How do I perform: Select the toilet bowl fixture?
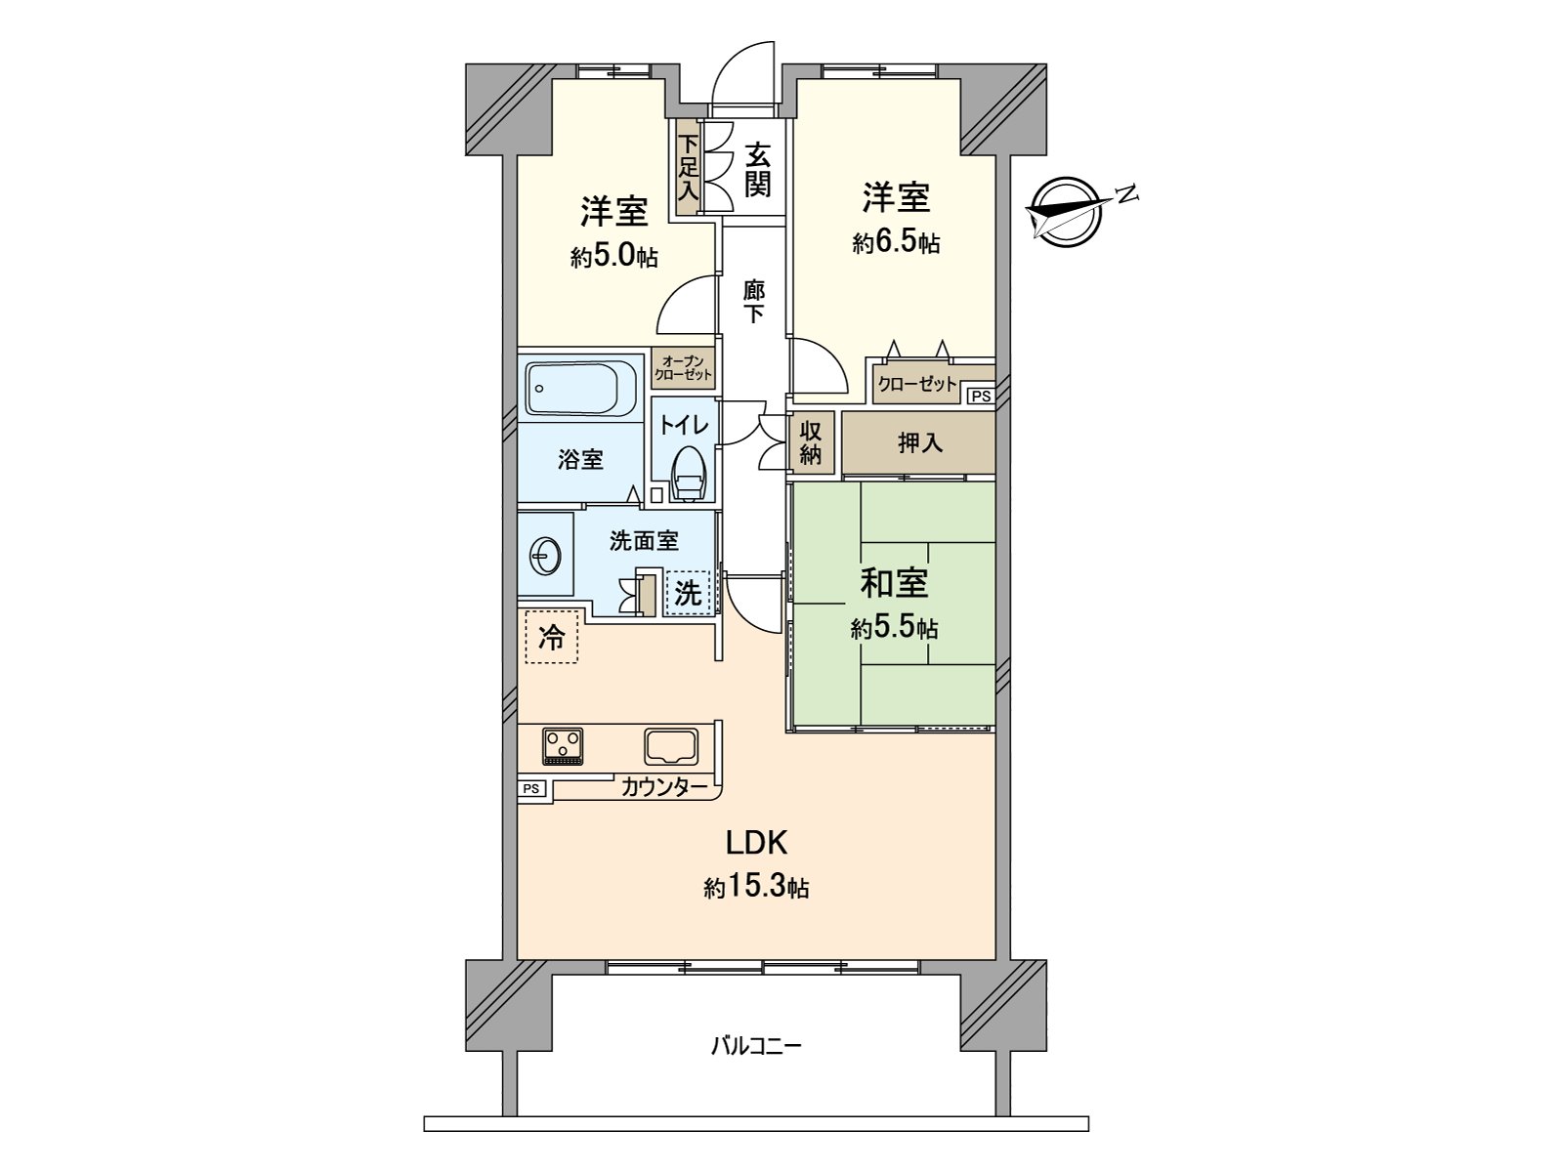point(689,475)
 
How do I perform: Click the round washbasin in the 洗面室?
point(545,558)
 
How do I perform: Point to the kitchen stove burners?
point(563,746)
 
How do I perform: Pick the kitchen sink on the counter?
point(671,746)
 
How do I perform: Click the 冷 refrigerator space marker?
point(552,638)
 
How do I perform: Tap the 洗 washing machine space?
point(688,592)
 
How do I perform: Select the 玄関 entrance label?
point(757,169)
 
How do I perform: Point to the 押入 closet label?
point(919,442)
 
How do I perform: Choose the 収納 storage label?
point(811,442)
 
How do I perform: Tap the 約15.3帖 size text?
point(756,888)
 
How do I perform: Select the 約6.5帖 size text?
point(896,242)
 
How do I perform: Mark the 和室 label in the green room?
point(894,583)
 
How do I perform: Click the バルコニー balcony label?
point(756,1047)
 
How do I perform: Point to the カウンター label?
point(663,786)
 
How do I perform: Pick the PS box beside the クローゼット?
point(980,396)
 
